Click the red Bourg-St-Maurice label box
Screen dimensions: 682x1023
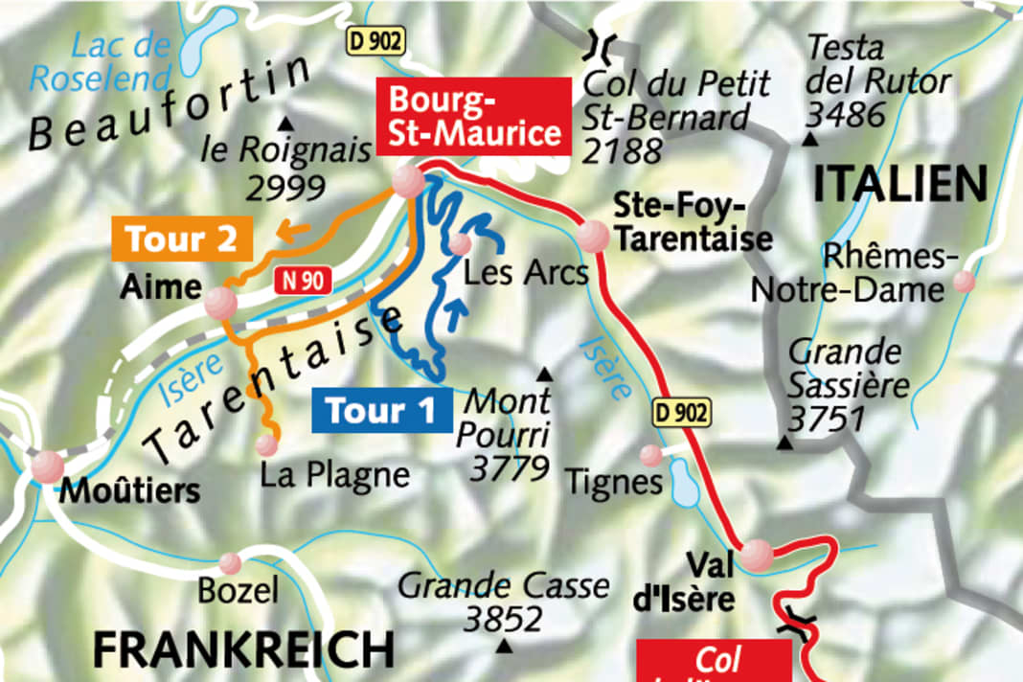pyautogui.click(x=475, y=117)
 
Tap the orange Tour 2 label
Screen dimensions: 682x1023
pyautogui.click(x=182, y=239)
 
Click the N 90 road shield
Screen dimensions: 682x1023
pyautogui.click(x=304, y=281)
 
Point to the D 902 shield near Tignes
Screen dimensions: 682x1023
pyautogui.click(x=683, y=414)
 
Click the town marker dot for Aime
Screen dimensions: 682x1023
pyautogui.click(x=220, y=304)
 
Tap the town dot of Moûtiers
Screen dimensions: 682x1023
pyautogui.click(x=47, y=466)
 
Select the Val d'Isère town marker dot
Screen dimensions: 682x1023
pyautogui.click(x=757, y=553)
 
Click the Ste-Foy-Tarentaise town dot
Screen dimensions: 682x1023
pyautogui.click(x=593, y=236)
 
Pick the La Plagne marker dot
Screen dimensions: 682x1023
pyautogui.click(x=266, y=444)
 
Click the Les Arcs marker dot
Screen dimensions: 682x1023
pyautogui.click(x=460, y=244)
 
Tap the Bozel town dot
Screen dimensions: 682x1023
pyautogui.click(x=230, y=562)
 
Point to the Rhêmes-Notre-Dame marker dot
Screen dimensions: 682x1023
pyautogui.click(x=964, y=282)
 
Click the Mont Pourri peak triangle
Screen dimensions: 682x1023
pyautogui.click(x=545, y=373)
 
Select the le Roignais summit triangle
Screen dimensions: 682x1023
pyautogui.click(x=284, y=125)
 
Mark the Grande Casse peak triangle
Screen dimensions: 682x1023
pyautogui.click(x=504, y=647)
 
